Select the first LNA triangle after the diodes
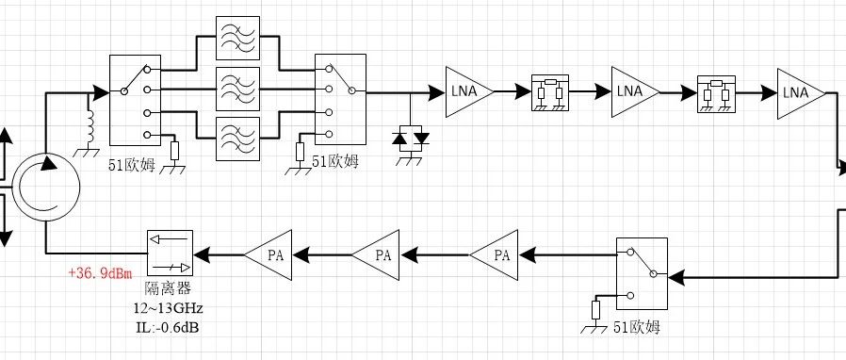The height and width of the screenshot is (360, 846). [x=468, y=92]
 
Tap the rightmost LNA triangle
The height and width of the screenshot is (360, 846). [x=800, y=93]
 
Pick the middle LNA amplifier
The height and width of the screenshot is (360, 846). [x=634, y=92]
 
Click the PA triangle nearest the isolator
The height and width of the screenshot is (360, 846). [x=268, y=254]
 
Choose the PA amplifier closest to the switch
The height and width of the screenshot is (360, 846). [x=495, y=254]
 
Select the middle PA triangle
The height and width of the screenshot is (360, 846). [x=376, y=254]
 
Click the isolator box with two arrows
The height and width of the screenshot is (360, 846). [x=170, y=254]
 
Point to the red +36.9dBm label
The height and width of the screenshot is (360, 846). [x=100, y=273]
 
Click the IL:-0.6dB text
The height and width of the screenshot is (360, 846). [x=169, y=326]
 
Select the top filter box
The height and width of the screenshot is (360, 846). [x=238, y=38]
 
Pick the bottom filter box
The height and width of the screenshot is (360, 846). [x=238, y=139]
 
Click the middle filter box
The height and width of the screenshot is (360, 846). [x=238, y=89]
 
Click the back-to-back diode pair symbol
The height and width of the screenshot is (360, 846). [x=410, y=139]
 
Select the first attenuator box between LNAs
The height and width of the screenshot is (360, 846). [x=550, y=93]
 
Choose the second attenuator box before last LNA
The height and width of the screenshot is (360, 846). [x=716, y=94]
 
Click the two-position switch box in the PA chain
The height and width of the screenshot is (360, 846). [x=643, y=273]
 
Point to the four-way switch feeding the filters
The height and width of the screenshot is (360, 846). [x=136, y=100]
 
